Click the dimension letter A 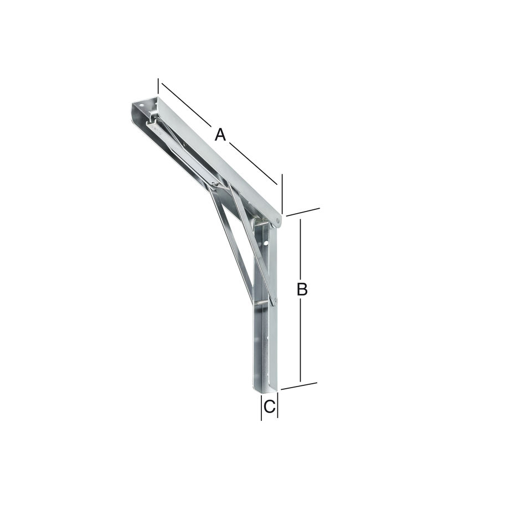coord(220,135)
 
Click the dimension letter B coord(302,289)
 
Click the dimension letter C coord(269,407)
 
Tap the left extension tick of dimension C coord(261,408)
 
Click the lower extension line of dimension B coord(299,385)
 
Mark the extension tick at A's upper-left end coord(158,86)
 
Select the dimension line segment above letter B coord(300,249)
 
